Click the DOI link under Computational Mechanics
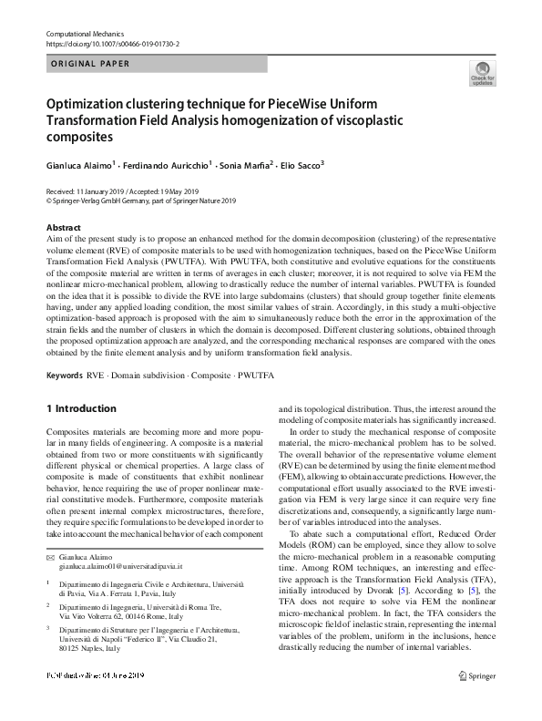112,44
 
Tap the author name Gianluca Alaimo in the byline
81,167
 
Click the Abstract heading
65,227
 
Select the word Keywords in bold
66,375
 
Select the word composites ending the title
79,137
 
